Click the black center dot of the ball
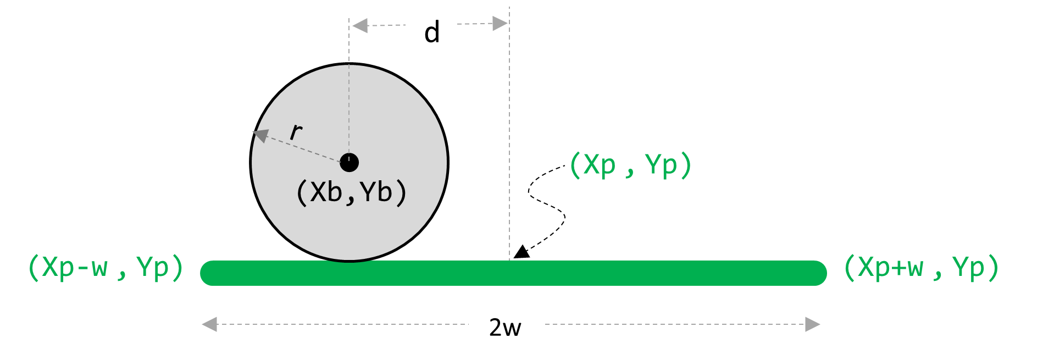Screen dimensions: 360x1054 [350, 163]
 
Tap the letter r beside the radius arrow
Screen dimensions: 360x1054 [296, 131]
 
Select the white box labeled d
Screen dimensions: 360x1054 [430, 26]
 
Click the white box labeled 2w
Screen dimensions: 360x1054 [505, 323]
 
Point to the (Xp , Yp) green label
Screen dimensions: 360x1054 [630, 165]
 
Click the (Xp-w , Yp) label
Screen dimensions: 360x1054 [106, 268]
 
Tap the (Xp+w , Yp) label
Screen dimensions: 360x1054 [921, 268]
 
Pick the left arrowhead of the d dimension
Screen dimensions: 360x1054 [359, 25]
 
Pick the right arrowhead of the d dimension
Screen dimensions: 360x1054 [500, 24]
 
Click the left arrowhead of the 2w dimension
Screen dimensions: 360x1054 [209, 324]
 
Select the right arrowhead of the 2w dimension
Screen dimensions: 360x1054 [813, 324]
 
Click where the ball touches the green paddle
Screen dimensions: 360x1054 [350, 261]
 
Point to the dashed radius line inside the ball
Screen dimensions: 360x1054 [302, 147]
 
